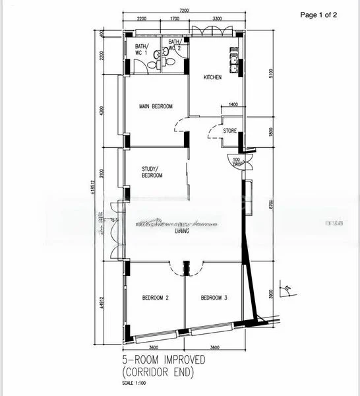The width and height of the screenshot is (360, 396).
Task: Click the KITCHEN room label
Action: [x=212, y=78]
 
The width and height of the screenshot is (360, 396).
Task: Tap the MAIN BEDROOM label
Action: [x=156, y=106]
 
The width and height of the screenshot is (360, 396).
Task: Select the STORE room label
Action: [x=229, y=131]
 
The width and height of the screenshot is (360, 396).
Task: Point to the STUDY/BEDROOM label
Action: [x=152, y=172]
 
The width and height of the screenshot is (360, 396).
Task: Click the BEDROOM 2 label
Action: [x=156, y=298]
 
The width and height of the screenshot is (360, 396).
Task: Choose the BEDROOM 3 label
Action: [x=214, y=298]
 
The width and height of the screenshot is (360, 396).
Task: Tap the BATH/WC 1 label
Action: [x=142, y=49]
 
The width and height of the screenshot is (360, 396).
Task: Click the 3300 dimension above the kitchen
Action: [x=212, y=19]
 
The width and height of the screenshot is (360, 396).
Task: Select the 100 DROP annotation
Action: [x=237, y=162]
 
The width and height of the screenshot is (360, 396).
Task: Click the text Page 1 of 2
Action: [x=318, y=15]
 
